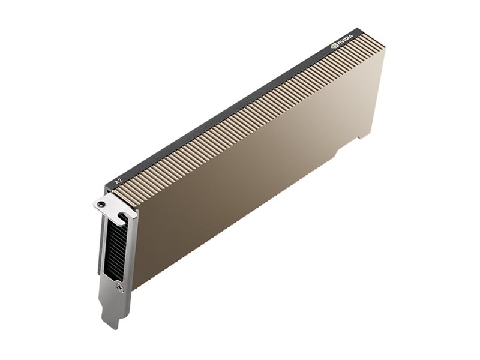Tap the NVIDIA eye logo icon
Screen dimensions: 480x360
[334, 47]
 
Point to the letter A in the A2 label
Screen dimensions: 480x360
[116, 182]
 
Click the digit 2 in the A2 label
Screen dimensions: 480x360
[120, 179]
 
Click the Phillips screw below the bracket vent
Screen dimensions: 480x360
[121, 287]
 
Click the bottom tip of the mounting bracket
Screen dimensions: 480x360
[113, 328]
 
